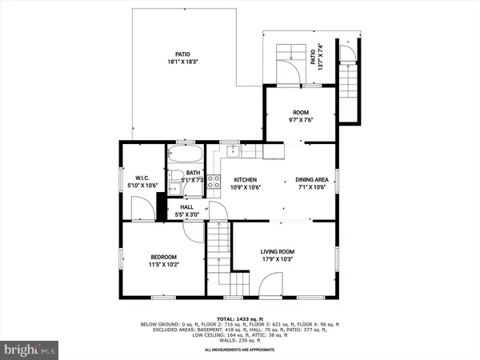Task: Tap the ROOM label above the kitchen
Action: pos(301,113)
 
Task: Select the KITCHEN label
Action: pos(245,180)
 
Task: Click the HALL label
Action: pos(186,207)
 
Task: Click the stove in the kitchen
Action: pos(214,181)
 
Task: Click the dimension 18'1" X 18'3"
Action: pos(183,61)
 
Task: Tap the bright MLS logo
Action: pos(31,349)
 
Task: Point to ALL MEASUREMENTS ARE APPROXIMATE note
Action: pos(240,350)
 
